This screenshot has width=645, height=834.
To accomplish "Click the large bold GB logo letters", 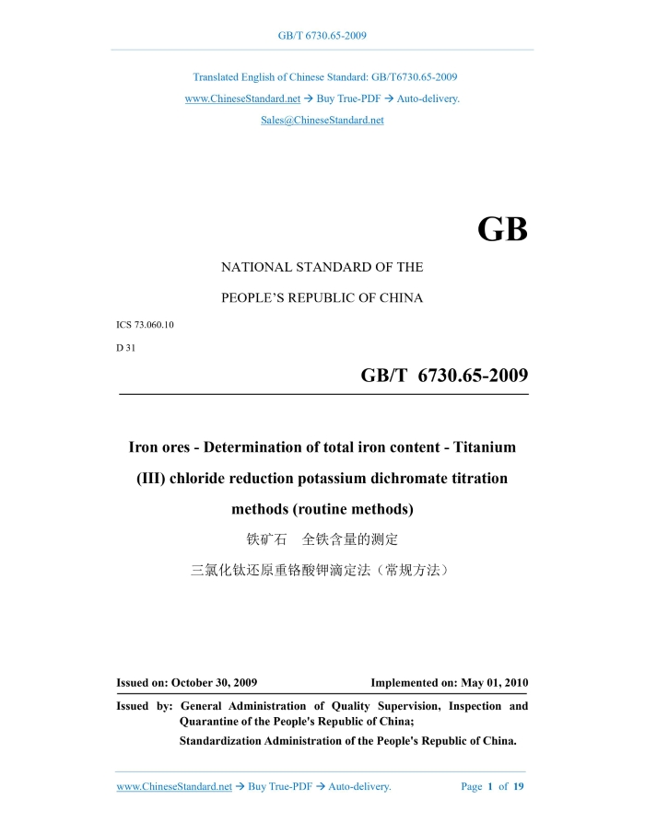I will (x=502, y=229).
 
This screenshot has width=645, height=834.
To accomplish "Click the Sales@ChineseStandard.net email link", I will (x=322, y=121).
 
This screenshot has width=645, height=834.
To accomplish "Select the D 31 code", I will (x=126, y=347).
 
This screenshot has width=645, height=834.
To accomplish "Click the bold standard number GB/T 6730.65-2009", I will (x=444, y=376).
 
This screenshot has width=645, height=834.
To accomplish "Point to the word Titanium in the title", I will (x=474, y=447).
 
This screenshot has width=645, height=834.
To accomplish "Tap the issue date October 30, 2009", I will (x=214, y=683).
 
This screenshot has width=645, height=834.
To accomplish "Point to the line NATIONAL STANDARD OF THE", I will (x=322, y=268).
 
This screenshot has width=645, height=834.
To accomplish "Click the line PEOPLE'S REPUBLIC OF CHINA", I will (x=322, y=298).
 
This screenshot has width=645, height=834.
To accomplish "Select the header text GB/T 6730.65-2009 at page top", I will (x=322, y=36).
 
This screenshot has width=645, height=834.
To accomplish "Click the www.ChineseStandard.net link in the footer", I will (x=174, y=787).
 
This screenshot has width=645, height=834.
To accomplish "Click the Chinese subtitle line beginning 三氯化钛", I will (x=322, y=571).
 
